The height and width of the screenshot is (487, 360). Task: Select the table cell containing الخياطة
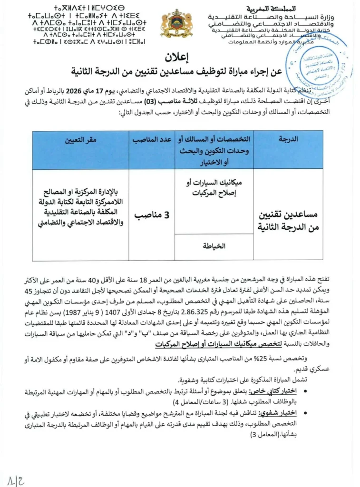coord(214,246)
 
